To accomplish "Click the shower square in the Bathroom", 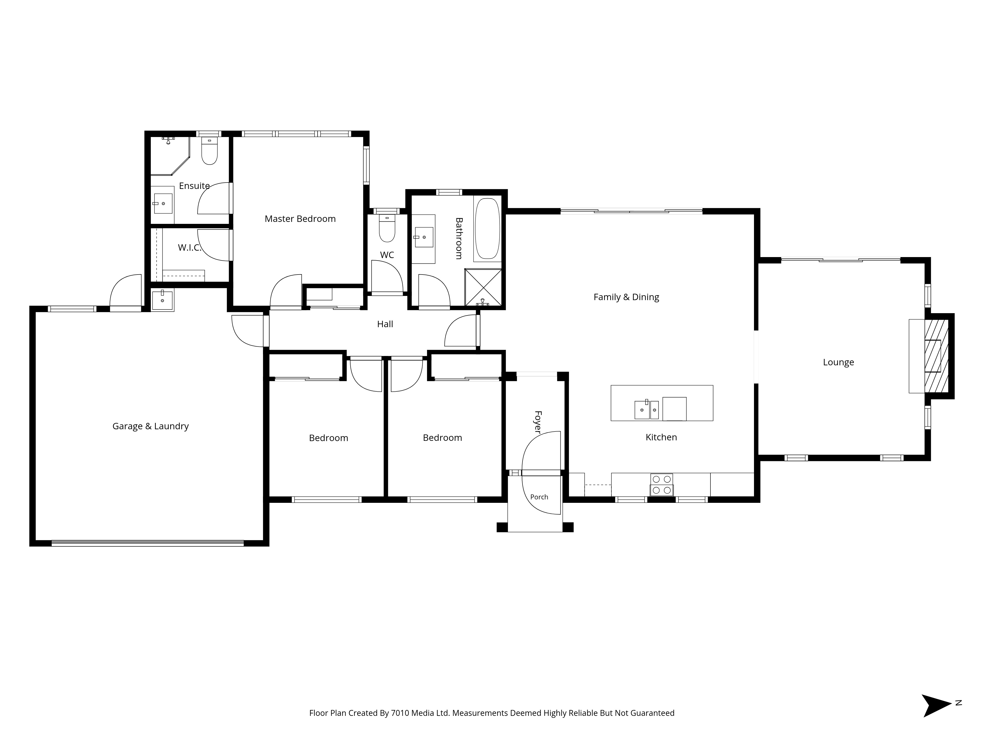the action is tap(483, 287).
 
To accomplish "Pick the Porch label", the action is tap(539, 497).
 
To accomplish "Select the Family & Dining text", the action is tap(626, 297).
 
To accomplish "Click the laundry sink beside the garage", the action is tap(162, 300).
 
